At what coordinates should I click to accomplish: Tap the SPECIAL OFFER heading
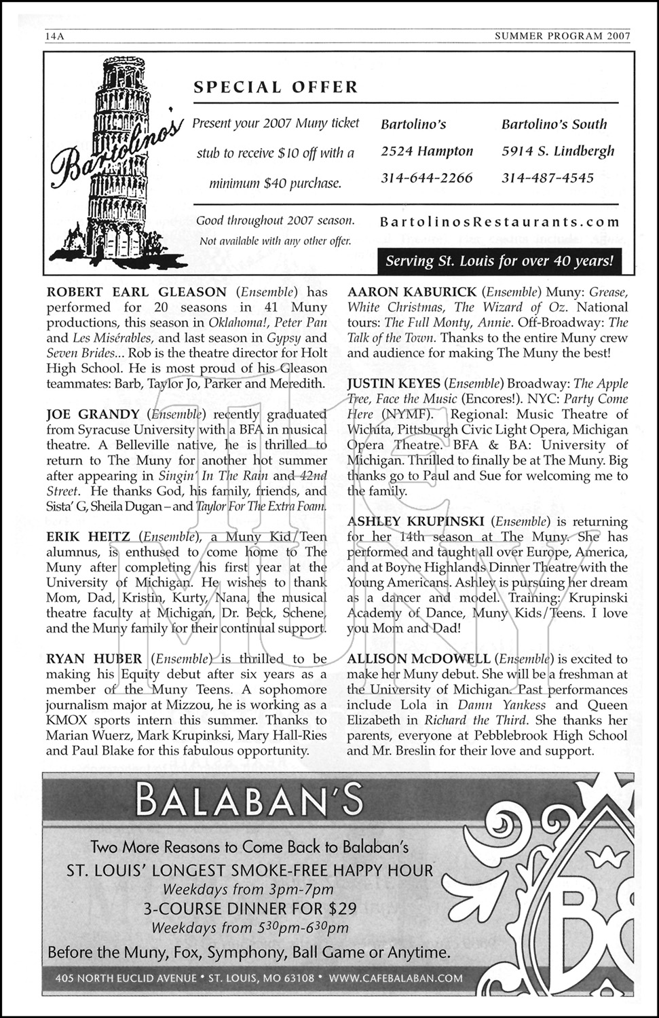point(276,87)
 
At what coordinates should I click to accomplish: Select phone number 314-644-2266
point(426,178)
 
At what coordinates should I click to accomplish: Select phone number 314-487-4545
point(548,178)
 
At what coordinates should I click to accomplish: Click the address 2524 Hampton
point(426,151)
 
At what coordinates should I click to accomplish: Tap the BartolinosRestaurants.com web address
point(500,221)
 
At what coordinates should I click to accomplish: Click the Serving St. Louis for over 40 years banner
point(500,260)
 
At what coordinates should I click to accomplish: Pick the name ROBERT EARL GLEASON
point(136,293)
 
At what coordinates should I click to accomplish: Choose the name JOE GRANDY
point(92,414)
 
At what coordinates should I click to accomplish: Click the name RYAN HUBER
point(94,659)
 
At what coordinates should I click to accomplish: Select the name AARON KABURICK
point(410,293)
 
